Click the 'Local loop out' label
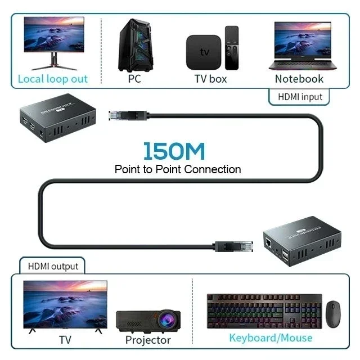click(53, 79)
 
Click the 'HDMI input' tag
click(300, 97)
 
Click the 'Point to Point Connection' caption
click(178, 169)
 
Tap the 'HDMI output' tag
click(53, 265)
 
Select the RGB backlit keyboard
click(264, 311)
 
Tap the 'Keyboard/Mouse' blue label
click(270, 337)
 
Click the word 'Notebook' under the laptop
click(299, 79)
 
